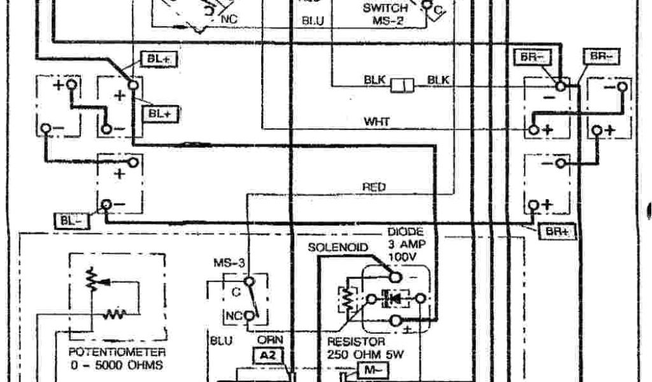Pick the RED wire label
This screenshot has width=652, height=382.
pyautogui.click(x=374, y=187)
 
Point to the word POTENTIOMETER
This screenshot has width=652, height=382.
pyautogui.click(x=117, y=352)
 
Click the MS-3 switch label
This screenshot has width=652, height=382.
pyautogui.click(x=226, y=262)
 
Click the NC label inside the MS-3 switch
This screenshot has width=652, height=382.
pyautogui.click(x=234, y=315)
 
